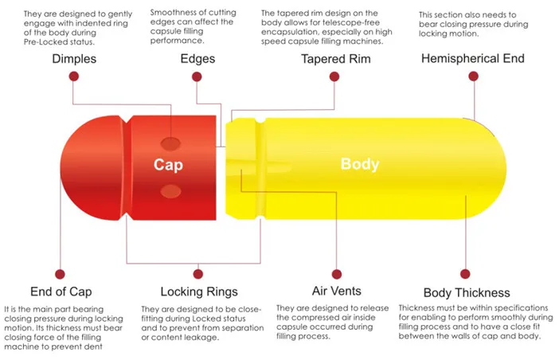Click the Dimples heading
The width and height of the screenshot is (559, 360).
[75, 60]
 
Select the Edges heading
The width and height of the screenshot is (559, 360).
[198, 60]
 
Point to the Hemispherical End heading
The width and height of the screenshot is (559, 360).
[473, 59]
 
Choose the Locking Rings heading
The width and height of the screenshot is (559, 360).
[199, 292]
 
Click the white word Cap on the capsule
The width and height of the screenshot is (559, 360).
[169, 165]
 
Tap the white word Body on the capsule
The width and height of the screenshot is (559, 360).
[359, 165]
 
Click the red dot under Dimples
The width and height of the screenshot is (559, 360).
[73, 76]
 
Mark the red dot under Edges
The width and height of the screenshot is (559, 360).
[197, 76]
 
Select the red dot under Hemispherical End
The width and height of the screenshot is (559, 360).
[474, 76]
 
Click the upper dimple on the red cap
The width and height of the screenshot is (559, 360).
[170, 143]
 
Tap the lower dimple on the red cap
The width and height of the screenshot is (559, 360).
[170, 191]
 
